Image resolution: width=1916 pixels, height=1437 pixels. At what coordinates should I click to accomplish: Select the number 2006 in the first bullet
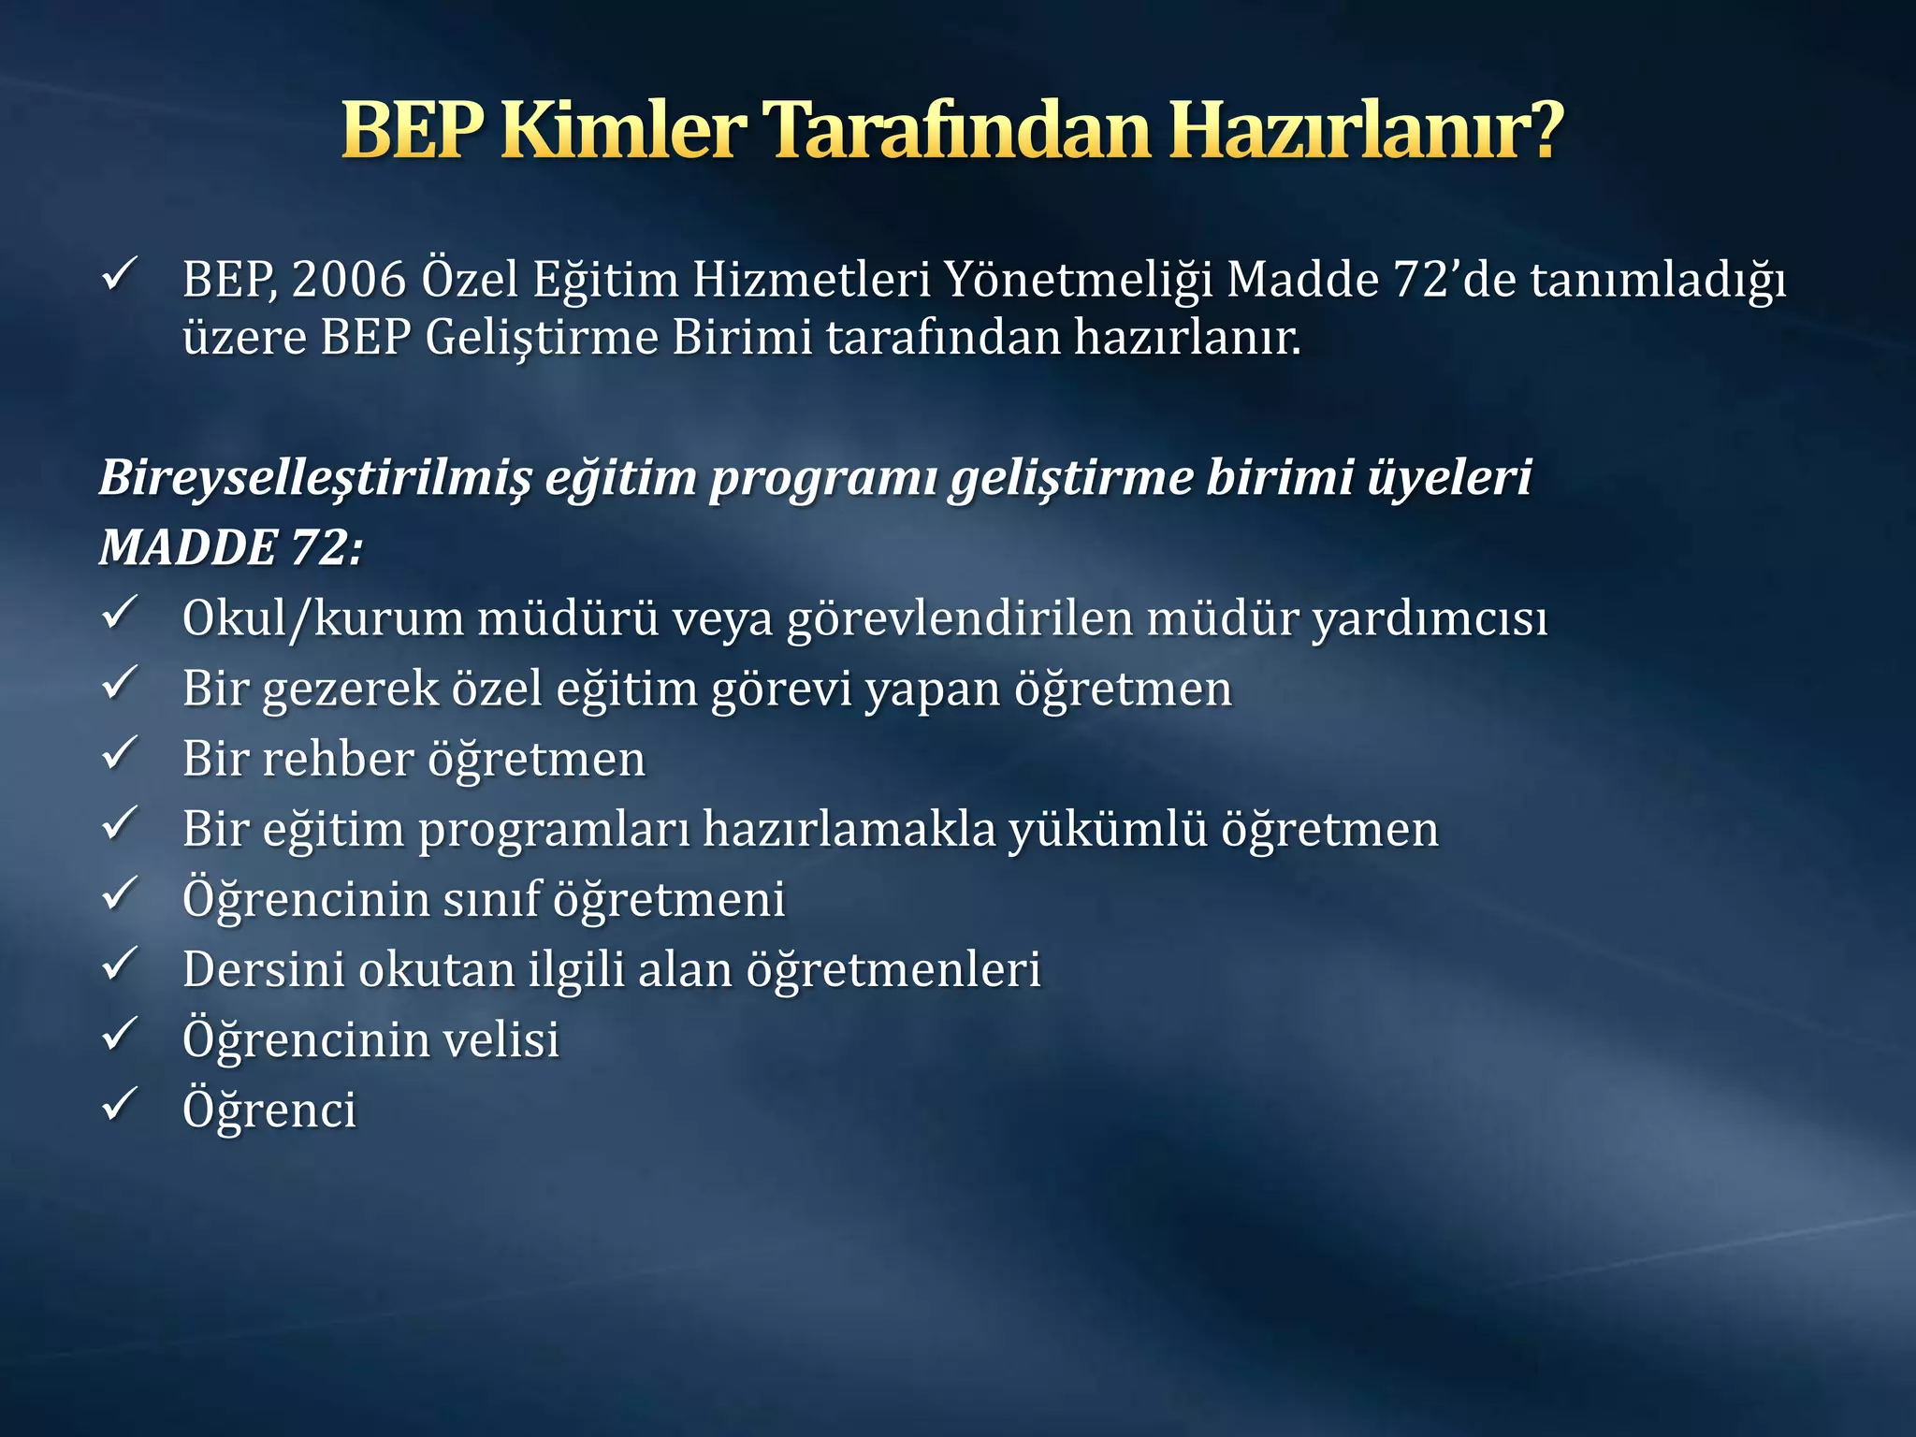tap(348, 279)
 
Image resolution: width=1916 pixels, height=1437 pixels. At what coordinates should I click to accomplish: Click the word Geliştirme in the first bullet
tap(542, 339)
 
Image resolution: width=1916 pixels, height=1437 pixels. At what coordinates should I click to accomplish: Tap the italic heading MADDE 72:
tap(230, 547)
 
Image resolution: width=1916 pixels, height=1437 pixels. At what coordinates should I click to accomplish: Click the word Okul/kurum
tap(323, 618)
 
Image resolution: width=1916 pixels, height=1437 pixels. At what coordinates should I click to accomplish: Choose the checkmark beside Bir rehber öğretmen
tap(120, 754)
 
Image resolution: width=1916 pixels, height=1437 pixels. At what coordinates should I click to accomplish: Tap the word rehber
tap(338, 759)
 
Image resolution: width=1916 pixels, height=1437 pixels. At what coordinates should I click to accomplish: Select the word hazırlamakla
tap(849, 829)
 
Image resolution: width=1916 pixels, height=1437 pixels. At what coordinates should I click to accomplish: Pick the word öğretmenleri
tap(893, 969)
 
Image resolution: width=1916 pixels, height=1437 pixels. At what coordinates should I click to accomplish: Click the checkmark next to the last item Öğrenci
tap(120, 1105)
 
